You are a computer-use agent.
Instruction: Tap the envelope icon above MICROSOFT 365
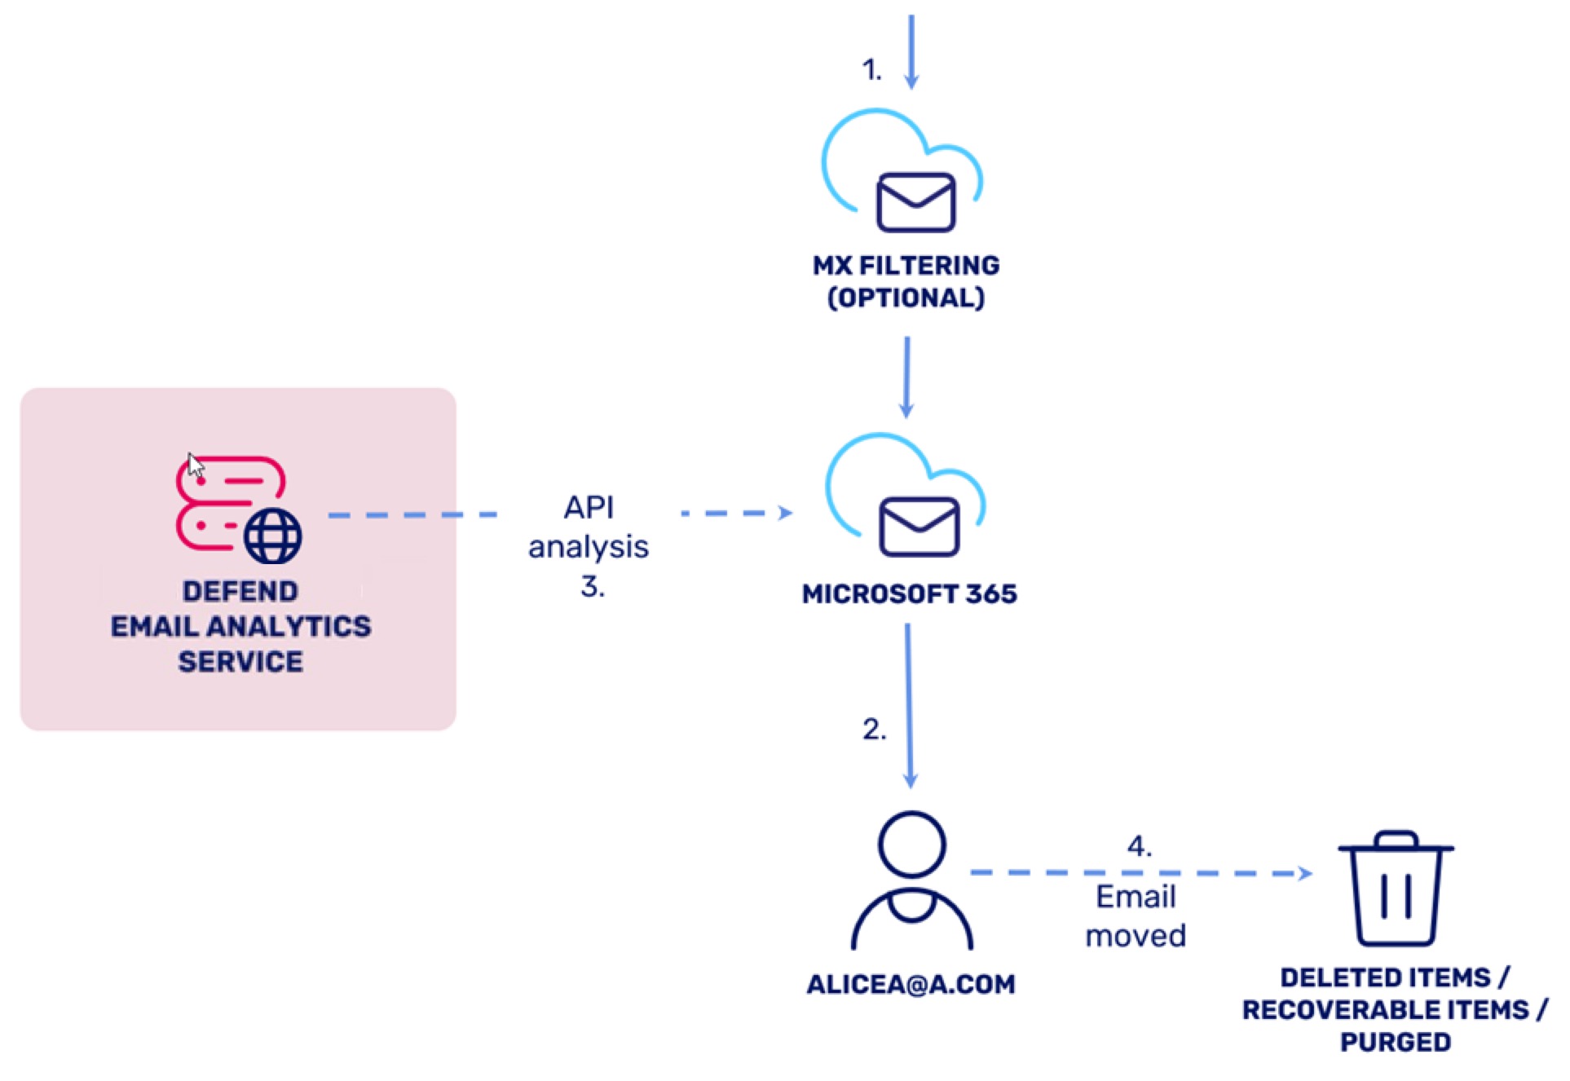click(919, 526)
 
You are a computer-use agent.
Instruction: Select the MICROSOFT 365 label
click(909, 593)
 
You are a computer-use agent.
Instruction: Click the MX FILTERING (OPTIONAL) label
click(906, 281)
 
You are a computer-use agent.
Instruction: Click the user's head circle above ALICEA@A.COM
click(911, 844)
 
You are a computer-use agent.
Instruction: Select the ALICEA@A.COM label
click(911, 984)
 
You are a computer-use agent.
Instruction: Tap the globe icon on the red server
click(273, 536)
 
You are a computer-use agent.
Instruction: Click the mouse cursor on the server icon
click(195, 465)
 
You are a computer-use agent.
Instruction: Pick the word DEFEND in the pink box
click(240, 590)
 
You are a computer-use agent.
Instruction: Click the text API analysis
click(588, 527)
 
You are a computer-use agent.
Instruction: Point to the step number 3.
click(592, 586)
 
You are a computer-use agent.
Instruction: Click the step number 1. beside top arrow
click(871, 70)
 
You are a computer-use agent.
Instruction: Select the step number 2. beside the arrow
click(873, 729)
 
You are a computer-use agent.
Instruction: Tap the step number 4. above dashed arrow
click(1139, 846)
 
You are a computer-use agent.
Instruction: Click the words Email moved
click(1135, 916)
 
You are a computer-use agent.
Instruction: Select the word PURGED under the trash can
click(1395, 1042)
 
